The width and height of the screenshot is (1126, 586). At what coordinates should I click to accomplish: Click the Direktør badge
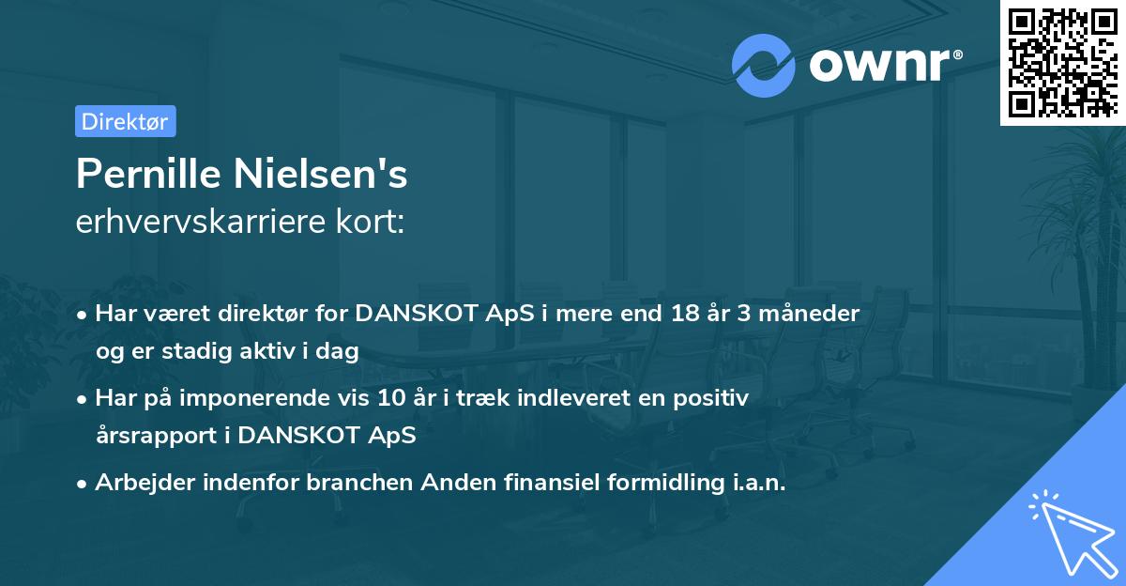[125, 121]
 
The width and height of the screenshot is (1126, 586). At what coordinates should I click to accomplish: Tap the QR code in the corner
[1062, 62]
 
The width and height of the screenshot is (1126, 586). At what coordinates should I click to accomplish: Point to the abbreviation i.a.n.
[755, 483]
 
